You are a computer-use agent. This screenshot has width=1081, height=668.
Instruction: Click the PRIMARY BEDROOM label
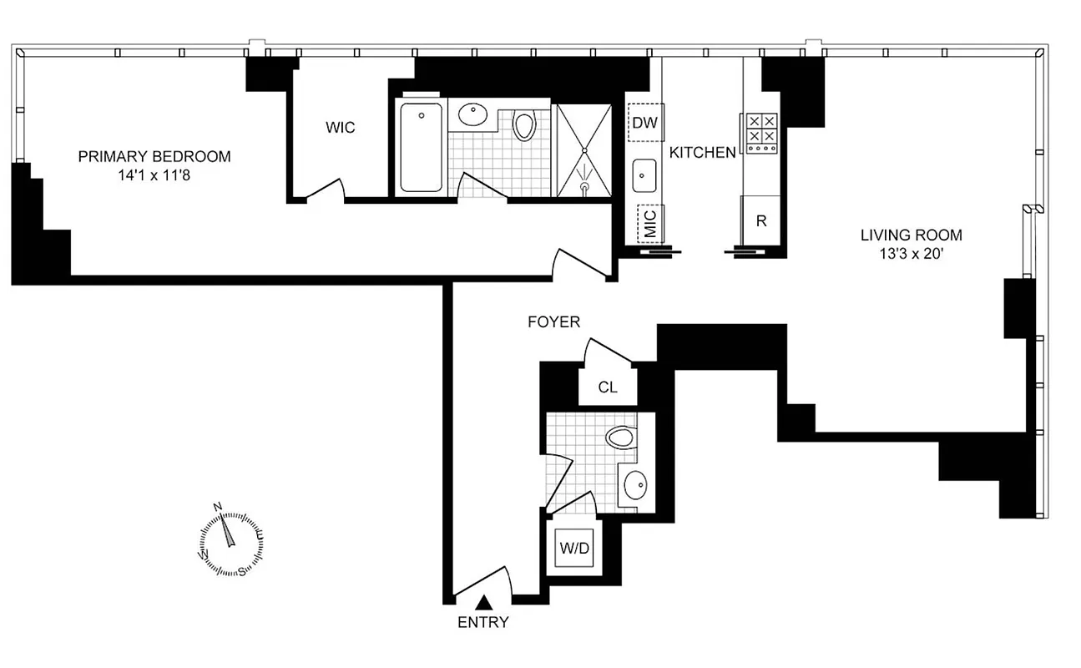coord(154,157)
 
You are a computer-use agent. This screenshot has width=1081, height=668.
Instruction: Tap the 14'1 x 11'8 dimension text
coord(154,176)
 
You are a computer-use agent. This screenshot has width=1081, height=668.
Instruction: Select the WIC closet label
coord(340,128)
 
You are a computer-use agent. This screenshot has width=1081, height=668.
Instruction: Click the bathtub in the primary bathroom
coord(421,147)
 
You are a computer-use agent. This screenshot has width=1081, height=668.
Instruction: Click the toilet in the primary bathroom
coord(524,126)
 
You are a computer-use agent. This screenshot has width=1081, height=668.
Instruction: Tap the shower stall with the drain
coord(585,150)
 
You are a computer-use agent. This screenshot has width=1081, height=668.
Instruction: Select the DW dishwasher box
coord(645,123)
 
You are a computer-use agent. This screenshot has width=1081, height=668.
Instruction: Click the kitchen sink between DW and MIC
coord(644,175)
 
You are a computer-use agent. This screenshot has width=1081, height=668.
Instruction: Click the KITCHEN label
coord(703,152)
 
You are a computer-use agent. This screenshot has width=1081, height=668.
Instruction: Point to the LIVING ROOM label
coord(912,235)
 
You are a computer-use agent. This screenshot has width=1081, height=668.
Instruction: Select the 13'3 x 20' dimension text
coord(912,255)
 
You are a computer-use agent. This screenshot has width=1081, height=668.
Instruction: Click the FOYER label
coord(553,321)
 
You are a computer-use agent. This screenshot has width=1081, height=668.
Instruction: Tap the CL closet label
coord(609,387)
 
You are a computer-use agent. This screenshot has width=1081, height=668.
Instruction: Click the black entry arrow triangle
coord(483,601)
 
